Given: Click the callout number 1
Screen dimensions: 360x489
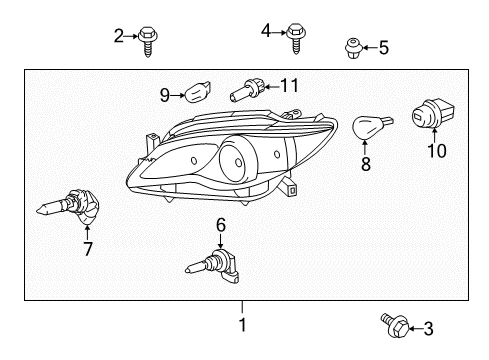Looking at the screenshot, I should tap(241, 325).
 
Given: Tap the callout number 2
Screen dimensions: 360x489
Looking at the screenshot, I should tap(120, 37).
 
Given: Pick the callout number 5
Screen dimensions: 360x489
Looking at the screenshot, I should tap(384, 47).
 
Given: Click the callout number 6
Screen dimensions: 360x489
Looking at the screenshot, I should tap(221, 226).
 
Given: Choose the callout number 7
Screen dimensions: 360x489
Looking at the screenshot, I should tap(88, 249).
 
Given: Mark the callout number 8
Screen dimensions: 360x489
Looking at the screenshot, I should tap(366, 163).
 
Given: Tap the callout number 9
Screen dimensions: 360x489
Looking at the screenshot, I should tap(166, 96).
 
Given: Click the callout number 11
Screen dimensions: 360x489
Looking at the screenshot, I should tap(290, 84).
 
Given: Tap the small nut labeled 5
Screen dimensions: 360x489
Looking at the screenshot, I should tap(352, 46).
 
